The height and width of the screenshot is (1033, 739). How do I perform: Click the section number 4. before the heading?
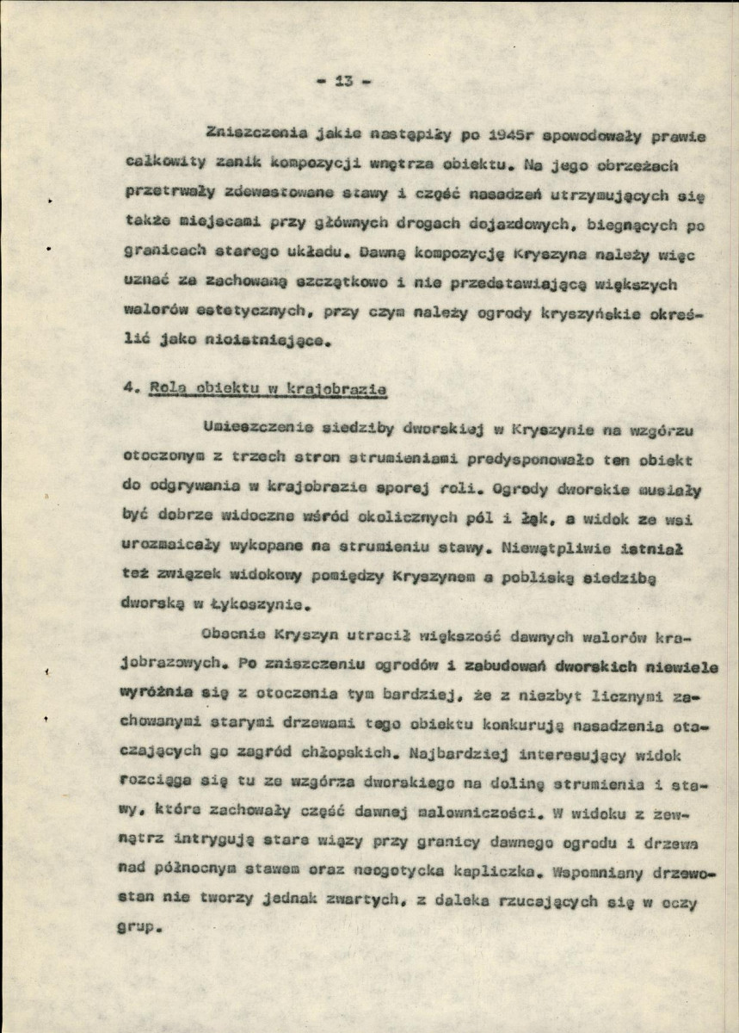(x=130, y=389)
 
